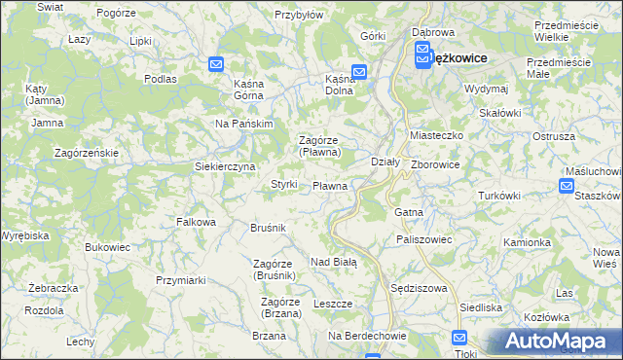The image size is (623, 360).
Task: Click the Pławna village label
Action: pos(330,185)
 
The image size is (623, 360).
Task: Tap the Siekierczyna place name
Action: pos(225,166)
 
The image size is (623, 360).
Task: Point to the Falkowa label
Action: pos(196,222)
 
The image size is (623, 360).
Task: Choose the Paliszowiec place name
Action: pos(421,238)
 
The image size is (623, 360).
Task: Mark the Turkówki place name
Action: pos(499,196)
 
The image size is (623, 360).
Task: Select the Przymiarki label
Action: pos(180,279)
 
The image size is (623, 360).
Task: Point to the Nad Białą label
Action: pos(334,262)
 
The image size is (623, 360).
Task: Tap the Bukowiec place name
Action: pos(107,247)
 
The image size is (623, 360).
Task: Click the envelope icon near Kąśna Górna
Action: pos(216,64)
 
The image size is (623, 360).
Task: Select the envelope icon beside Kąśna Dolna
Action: pos(358,71)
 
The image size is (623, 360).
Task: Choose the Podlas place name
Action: pos(159,78)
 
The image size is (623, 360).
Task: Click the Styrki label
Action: pos(283,184)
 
